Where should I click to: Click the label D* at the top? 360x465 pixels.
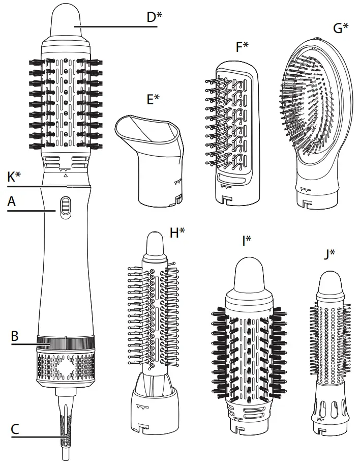click(154, 17)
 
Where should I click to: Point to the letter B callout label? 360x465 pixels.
click(15, 336)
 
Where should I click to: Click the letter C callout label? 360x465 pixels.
click(15, 429)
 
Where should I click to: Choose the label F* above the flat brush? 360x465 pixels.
click(242, 47)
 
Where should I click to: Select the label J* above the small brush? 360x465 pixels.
click(329, 252)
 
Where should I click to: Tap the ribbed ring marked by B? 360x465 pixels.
click(65, 341)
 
